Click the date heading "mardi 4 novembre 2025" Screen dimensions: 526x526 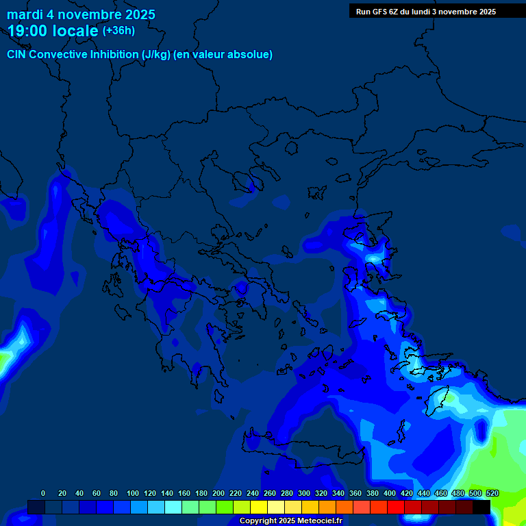(x=81, y=14)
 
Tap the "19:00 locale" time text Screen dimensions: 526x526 (x=53, y=31)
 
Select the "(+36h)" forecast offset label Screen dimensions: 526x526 (x=118, y=31)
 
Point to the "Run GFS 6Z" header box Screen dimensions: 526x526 (x=426, y=11)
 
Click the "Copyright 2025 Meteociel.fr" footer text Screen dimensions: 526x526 (x=290, y=521)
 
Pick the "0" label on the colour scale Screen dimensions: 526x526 (x=43, y=493)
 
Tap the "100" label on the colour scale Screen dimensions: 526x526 (x=133, y=493)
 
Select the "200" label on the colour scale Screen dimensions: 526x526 (x=218, y=493)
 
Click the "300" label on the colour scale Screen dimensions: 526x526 (x=304, y=493)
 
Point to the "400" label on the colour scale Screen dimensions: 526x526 (x=390, y=493)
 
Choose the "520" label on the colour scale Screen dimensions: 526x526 (x=492, y=493)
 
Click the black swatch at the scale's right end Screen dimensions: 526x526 (x=481, y=507)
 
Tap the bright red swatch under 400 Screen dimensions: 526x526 (x=395, y=507)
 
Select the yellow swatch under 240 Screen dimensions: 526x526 (x=258, y=507)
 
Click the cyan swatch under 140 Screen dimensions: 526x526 (x=173, y=507)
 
